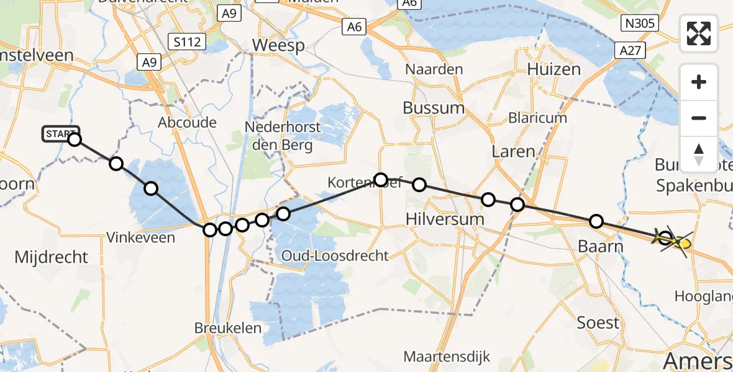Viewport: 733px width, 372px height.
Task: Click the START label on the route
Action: point(60,133)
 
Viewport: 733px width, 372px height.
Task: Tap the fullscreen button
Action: point(699,33)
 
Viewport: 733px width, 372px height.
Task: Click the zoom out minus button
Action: point(699,118)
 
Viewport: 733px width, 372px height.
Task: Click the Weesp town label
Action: point(278,45)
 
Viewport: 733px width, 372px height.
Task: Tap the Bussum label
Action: point(434,108)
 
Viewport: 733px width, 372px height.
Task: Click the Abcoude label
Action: point(187,122)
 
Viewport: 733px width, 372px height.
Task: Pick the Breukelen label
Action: point(228,328)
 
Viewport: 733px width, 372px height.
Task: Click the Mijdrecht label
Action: point(51,257)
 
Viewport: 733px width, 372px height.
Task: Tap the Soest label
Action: point(598,322)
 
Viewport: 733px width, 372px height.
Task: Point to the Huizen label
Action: point(555,69)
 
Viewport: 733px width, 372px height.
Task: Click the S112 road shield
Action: point(188,42)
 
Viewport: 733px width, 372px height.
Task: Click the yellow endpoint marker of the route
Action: point(683,244)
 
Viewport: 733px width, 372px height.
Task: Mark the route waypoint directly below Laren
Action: point(517,205)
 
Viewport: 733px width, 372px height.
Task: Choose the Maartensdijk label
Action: point(447,356)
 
